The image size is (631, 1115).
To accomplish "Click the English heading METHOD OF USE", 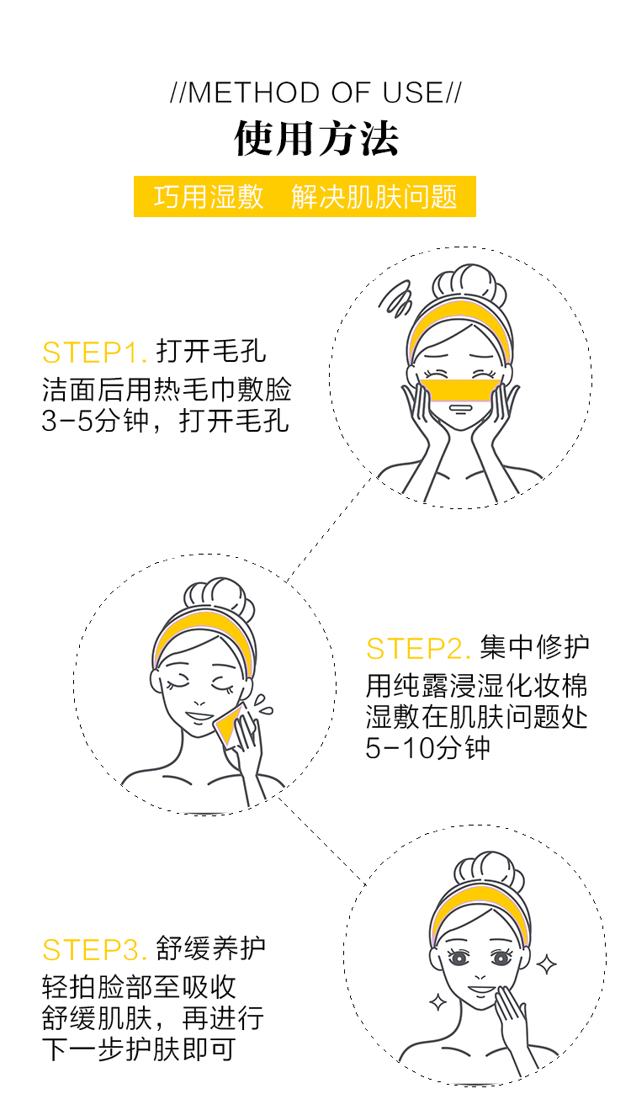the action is tap(315, 93).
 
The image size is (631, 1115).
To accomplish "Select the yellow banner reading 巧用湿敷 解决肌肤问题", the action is tap(305, 197).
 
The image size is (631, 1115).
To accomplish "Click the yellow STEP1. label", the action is tap(95, 353).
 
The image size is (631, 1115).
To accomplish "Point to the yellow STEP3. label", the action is tap(95, 949).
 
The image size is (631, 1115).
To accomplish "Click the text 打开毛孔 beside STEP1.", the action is tap(211, 352).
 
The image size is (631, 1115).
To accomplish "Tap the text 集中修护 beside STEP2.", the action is tap(535, 648).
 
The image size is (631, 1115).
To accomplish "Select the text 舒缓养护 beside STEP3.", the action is tap(211, 948).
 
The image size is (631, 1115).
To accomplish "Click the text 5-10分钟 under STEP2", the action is tap(427, 748).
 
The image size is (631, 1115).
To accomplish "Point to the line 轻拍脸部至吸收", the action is tap(139, 987).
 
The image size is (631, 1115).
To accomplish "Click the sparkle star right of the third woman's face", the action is tap(546, 964).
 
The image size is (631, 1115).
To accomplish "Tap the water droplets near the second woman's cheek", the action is tap(263, 706).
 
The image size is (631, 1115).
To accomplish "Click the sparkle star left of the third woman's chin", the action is tap(437, 1001).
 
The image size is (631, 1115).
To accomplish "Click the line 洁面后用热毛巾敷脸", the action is tap(167, 390).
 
